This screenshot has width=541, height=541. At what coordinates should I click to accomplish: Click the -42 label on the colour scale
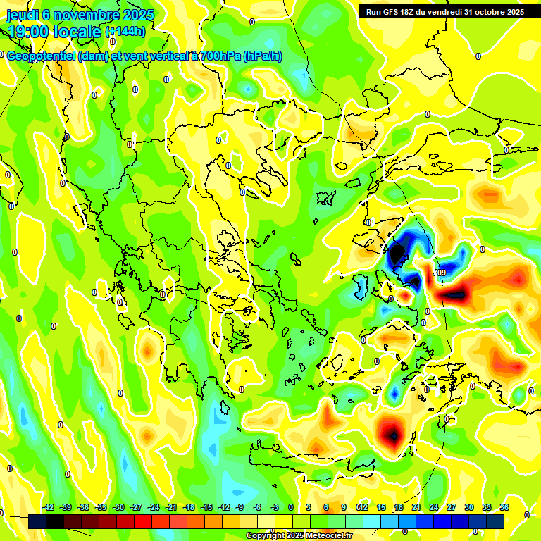click(49, 507)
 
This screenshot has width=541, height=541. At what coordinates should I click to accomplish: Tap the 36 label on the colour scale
click(504, 507)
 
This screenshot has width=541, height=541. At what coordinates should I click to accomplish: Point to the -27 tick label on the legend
click(136, 507)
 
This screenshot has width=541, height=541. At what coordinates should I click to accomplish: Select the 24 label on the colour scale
click(434, 507)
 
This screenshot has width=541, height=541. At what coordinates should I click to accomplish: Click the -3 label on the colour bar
click(275, 507)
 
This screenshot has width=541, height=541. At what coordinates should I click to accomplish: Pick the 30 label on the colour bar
click(469, 507)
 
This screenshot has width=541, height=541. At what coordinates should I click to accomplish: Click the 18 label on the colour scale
click(399, 507)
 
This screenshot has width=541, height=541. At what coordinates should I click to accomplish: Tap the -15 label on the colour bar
click(206, 507)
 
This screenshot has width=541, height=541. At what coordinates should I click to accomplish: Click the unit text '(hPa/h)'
click(262, 56)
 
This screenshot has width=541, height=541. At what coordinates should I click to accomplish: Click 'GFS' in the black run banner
click(390, 12)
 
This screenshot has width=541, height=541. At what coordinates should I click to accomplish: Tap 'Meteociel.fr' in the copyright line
click(325, 536)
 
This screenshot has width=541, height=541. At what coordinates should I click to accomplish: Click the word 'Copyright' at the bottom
click(266, 536)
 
